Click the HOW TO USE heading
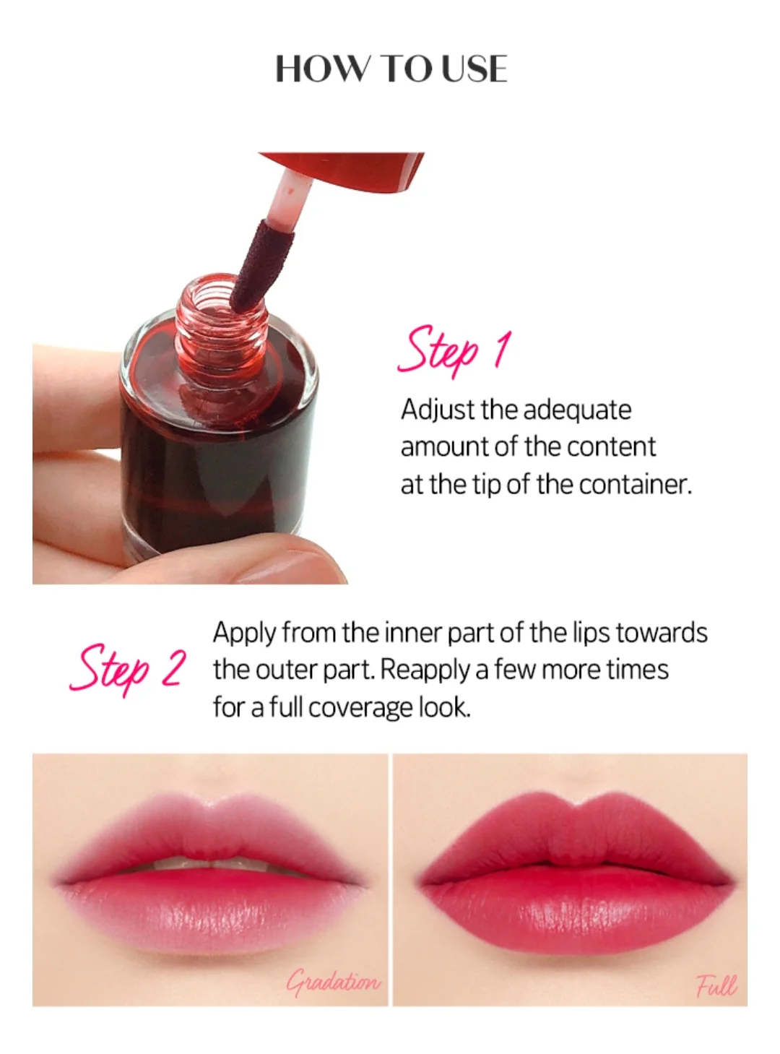[x=391, y=69]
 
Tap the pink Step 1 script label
[x=454, y=352]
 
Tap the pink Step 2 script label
[x=128, y=668]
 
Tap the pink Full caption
[x=715, y=985]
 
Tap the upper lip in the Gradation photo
[x=209, y=831]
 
